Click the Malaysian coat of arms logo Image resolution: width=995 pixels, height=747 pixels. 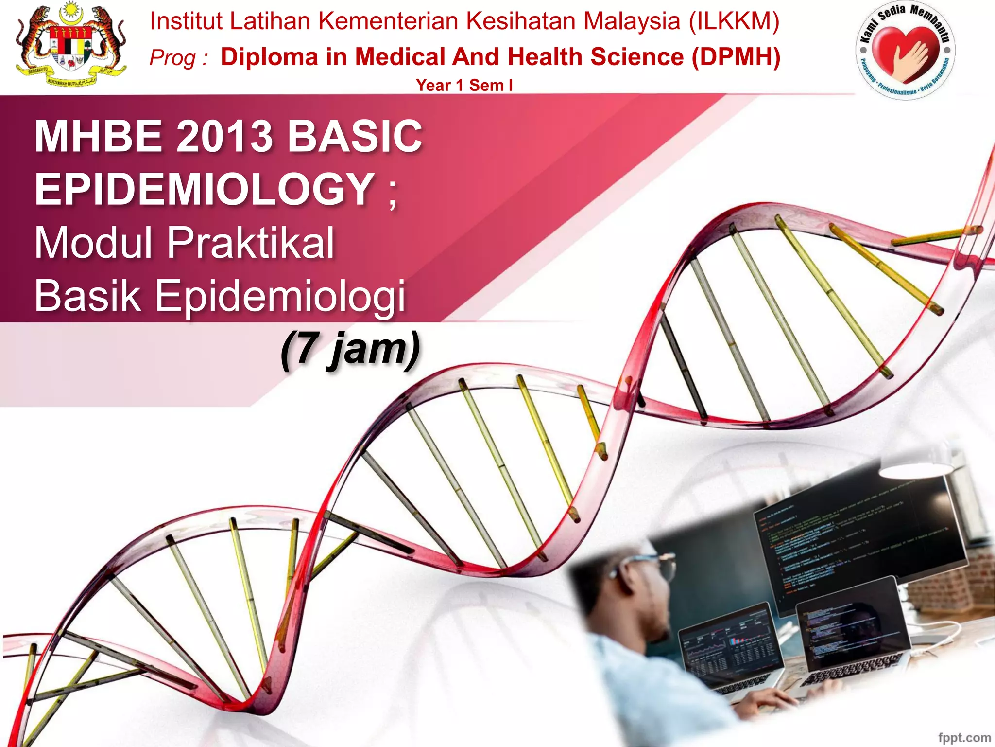click(70, 45)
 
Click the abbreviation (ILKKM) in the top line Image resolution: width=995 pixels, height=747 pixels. click(734, 21)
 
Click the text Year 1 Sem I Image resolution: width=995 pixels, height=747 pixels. click(464, 85)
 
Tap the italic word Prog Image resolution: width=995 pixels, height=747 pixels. click(173, 58)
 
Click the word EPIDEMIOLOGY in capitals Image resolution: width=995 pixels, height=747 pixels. click(205, 189)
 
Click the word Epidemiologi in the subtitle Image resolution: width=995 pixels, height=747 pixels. click(280, 295)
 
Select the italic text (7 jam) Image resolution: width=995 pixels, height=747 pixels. click(350, 348)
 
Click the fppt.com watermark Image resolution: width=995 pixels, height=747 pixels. click(964, 737)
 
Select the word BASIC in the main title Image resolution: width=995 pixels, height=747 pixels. click(355, 136)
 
